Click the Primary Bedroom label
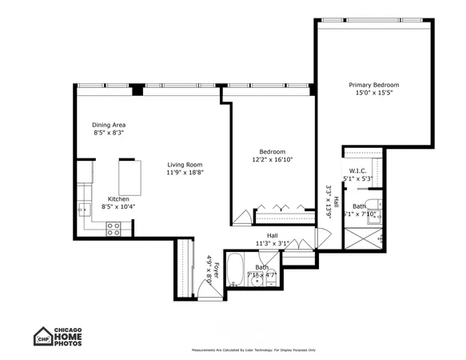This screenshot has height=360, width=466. [373, 85]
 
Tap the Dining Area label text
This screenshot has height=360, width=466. [109, 125]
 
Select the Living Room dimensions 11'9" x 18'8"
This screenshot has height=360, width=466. [185, 173]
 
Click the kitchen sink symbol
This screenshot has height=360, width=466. [82, 210]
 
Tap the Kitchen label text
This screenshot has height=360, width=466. [119, 198]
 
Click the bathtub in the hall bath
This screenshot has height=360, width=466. [234, 270]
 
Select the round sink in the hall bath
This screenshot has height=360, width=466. [257, 279]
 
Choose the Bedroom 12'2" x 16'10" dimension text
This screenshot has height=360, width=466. [272, 160]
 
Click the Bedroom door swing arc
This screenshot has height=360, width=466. [241, 216]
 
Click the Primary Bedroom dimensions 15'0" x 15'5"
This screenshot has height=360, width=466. [373, 94]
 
